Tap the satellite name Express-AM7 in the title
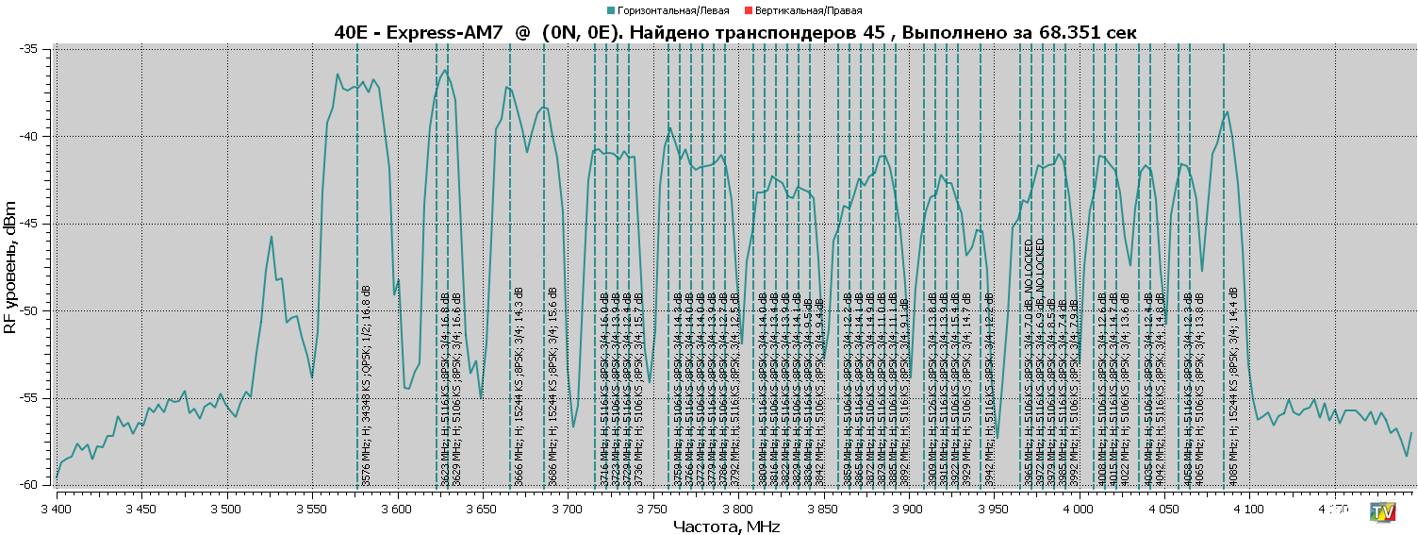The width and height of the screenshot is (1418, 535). tap(443, 32)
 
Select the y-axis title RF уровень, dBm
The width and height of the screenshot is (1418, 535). tap(10, 267)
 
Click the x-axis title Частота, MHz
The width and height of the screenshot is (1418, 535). tap(726, 527)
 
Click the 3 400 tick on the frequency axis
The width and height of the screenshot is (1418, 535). tap(57, 507)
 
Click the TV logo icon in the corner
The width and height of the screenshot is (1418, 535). tap(1382, 511)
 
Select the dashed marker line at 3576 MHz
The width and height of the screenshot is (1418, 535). tap(357, 189)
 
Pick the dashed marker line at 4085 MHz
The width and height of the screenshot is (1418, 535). tap(1224, 189)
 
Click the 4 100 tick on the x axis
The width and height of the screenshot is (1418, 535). tap(1249, 507)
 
